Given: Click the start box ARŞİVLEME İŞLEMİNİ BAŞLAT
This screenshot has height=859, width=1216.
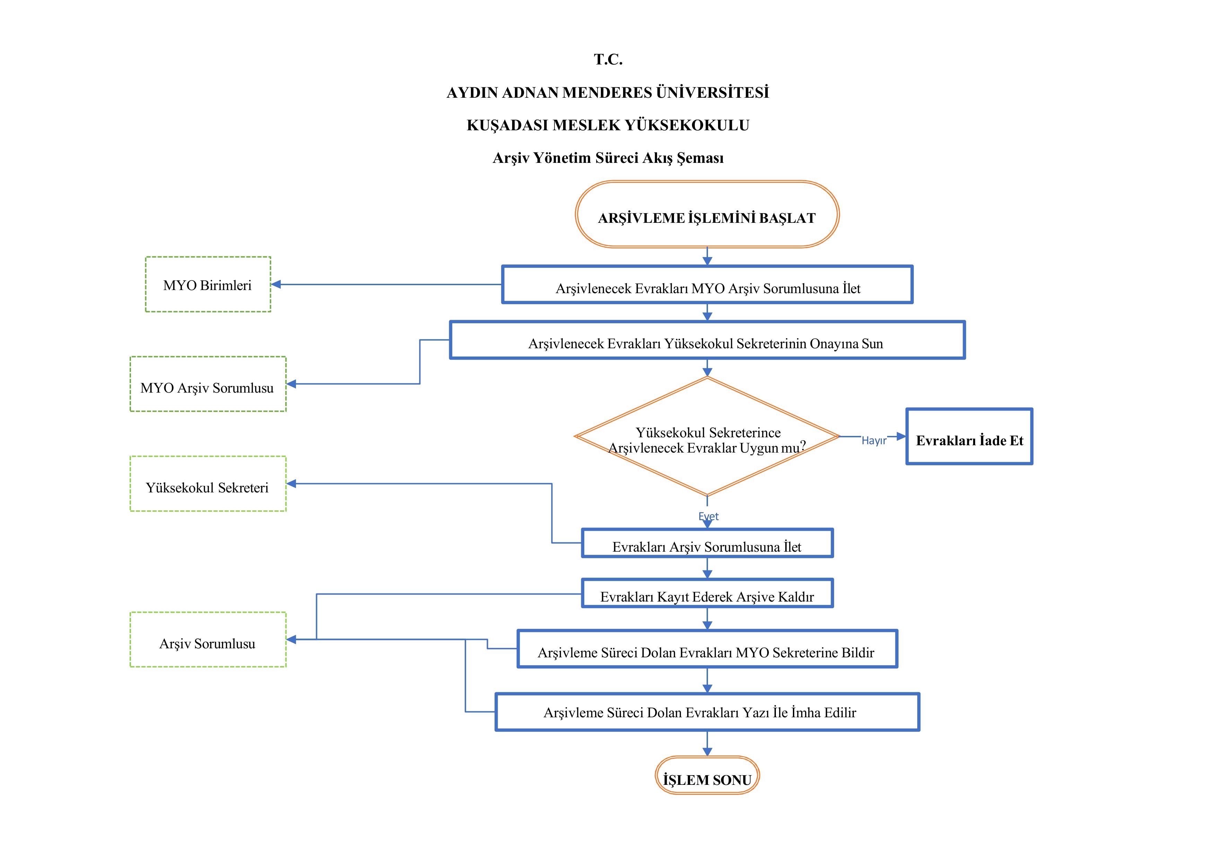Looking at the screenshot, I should pos(707,214).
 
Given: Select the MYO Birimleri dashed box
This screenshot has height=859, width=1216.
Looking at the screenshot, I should pos(208,284).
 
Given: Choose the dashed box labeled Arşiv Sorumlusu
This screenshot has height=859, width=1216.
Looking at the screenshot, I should pos(208,640).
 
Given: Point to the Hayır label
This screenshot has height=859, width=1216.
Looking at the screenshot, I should pos(874,441).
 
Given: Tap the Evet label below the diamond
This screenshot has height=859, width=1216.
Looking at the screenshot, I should pos(709,516).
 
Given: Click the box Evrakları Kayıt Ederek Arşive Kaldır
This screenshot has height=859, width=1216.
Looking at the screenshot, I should pos(707,594).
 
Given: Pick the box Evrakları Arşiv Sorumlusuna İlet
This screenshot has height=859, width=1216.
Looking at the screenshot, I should pos(707,543).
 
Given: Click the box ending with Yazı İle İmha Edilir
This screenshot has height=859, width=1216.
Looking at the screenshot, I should pos(707,712).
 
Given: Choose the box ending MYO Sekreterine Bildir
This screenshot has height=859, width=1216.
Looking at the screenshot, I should pos(707,649).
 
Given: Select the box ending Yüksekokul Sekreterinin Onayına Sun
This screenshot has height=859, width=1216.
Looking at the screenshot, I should pos(707,341).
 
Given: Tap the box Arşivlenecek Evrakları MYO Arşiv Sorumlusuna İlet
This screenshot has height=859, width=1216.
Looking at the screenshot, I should pos(707,285).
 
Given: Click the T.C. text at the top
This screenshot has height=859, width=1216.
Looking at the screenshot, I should pos(608,59).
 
